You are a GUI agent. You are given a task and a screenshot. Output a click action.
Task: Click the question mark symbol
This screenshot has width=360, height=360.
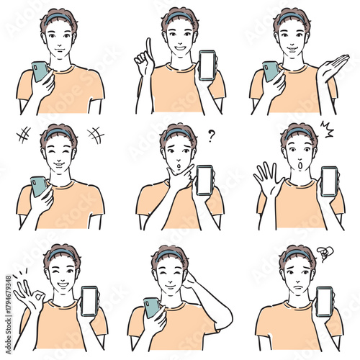(212, 135)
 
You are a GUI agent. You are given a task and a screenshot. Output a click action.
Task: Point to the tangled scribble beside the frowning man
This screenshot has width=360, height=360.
(325, 252)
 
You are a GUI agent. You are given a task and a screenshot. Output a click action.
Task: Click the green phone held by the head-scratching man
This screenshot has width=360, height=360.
(152, 307)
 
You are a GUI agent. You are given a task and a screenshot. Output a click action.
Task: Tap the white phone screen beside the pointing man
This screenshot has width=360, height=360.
(208, 65)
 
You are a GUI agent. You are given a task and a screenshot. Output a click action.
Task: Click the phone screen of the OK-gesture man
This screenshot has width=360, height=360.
(89, 301)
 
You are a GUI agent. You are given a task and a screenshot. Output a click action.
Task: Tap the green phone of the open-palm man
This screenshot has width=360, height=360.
(271, 71)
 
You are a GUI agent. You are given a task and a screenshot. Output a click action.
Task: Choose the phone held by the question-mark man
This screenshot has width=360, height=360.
(204, 180)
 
